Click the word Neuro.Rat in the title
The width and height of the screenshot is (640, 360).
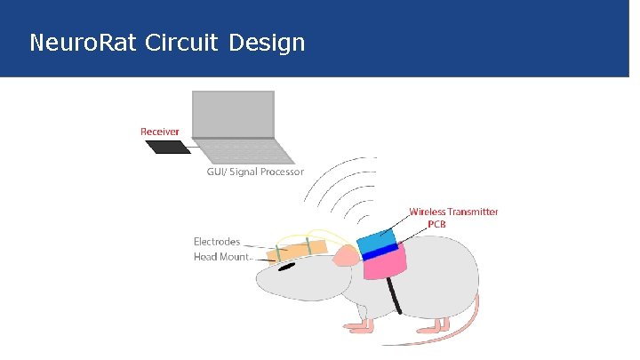click(73, 42)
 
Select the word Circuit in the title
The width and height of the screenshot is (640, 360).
click(172, 42)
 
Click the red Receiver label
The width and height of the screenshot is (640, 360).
click(160, 132)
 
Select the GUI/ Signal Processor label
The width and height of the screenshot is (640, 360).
click(255, 172)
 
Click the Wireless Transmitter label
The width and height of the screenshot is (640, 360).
click(453, 212)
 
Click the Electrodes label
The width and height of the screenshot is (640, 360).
click(217, 241)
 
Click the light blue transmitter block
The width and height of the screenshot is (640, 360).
click(377, 240)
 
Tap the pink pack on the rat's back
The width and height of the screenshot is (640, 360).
click(385, 264)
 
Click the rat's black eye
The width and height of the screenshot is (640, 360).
click(287, 267)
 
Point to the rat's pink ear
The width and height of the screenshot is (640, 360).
click(345, 257)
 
